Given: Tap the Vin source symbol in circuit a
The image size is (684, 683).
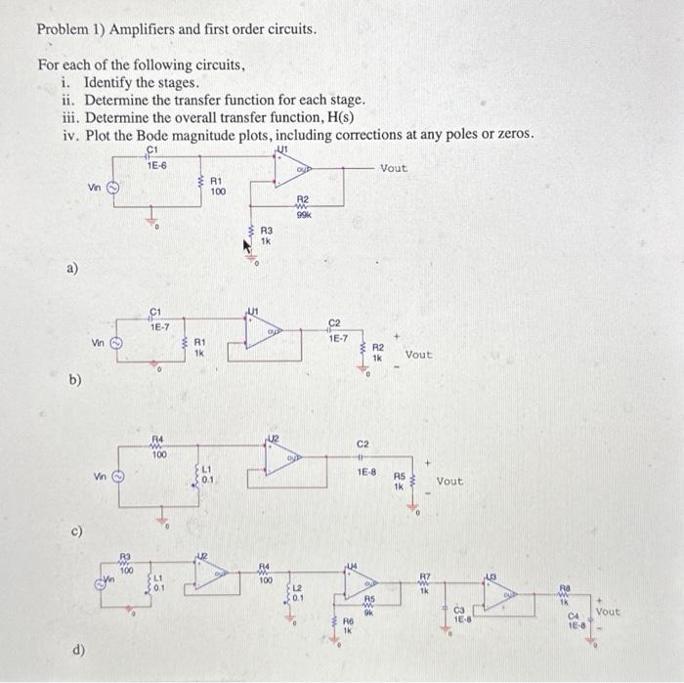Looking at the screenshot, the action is click(112, 190).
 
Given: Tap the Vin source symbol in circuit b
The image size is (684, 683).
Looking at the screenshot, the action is click(113, 344).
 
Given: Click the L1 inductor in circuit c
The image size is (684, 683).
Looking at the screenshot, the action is click(200, 475).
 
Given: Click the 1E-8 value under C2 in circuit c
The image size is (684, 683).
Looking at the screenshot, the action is click(364, 472).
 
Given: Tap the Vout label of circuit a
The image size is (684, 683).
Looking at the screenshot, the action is click(394, 168).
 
